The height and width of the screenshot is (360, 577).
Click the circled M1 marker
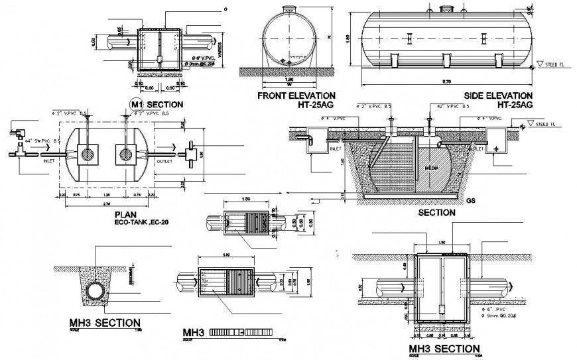pos(137,105)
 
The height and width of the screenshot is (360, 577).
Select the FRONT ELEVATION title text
pos(296,95)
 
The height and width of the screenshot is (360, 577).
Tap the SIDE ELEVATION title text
pos(498,95)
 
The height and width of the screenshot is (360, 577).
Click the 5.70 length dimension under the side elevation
pos(446,82)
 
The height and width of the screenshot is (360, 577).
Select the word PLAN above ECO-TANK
pos(126,215)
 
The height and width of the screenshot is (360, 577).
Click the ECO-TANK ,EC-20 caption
pos(140,223)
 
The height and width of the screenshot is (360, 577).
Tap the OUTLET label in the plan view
pos(164,160)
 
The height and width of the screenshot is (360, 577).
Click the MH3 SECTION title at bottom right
pos(444,349)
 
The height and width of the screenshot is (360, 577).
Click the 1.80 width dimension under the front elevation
pos(288,80)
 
